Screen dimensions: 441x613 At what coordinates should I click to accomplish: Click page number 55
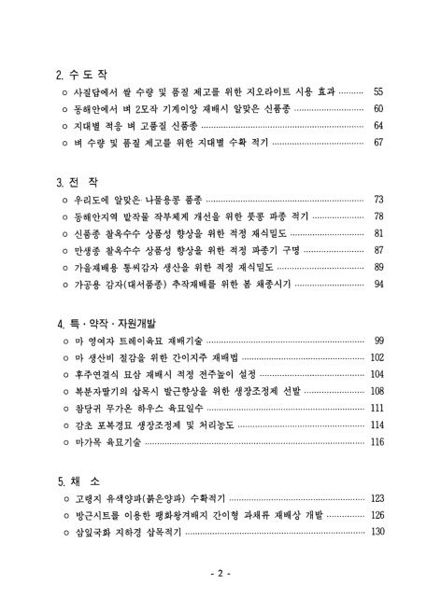[378, 93]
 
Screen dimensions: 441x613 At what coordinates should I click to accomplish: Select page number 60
[378, 109]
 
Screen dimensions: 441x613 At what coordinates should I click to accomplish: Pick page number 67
[378, 143]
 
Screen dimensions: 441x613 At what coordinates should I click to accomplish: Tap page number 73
[378, 201]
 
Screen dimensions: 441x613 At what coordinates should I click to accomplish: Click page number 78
[378, 216]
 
